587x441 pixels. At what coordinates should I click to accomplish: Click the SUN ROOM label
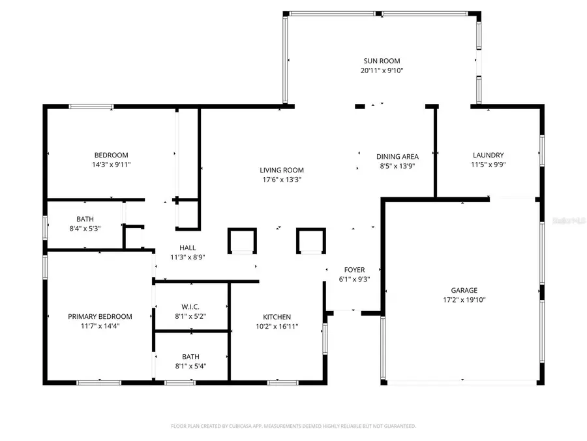(382, 61)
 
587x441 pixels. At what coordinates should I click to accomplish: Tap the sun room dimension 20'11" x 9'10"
(382, 71)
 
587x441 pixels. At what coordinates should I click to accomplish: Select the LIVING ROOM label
(281, 170)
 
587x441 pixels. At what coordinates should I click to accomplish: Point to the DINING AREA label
(397, 156)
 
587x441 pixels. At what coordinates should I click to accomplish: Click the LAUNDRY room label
(488, 155)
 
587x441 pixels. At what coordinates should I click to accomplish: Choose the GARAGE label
(464, 290)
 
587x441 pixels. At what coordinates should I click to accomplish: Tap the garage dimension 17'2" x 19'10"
(464, 300)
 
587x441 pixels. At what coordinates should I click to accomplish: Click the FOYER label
(354, 269)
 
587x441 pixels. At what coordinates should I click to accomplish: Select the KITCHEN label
(277, 317)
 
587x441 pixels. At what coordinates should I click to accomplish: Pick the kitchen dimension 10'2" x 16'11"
(277, 326)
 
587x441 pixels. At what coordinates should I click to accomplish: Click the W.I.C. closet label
(190, 306)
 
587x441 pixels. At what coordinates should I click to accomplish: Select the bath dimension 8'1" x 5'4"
(190, 366)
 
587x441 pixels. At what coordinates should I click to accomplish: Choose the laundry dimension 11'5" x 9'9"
(488, 165)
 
